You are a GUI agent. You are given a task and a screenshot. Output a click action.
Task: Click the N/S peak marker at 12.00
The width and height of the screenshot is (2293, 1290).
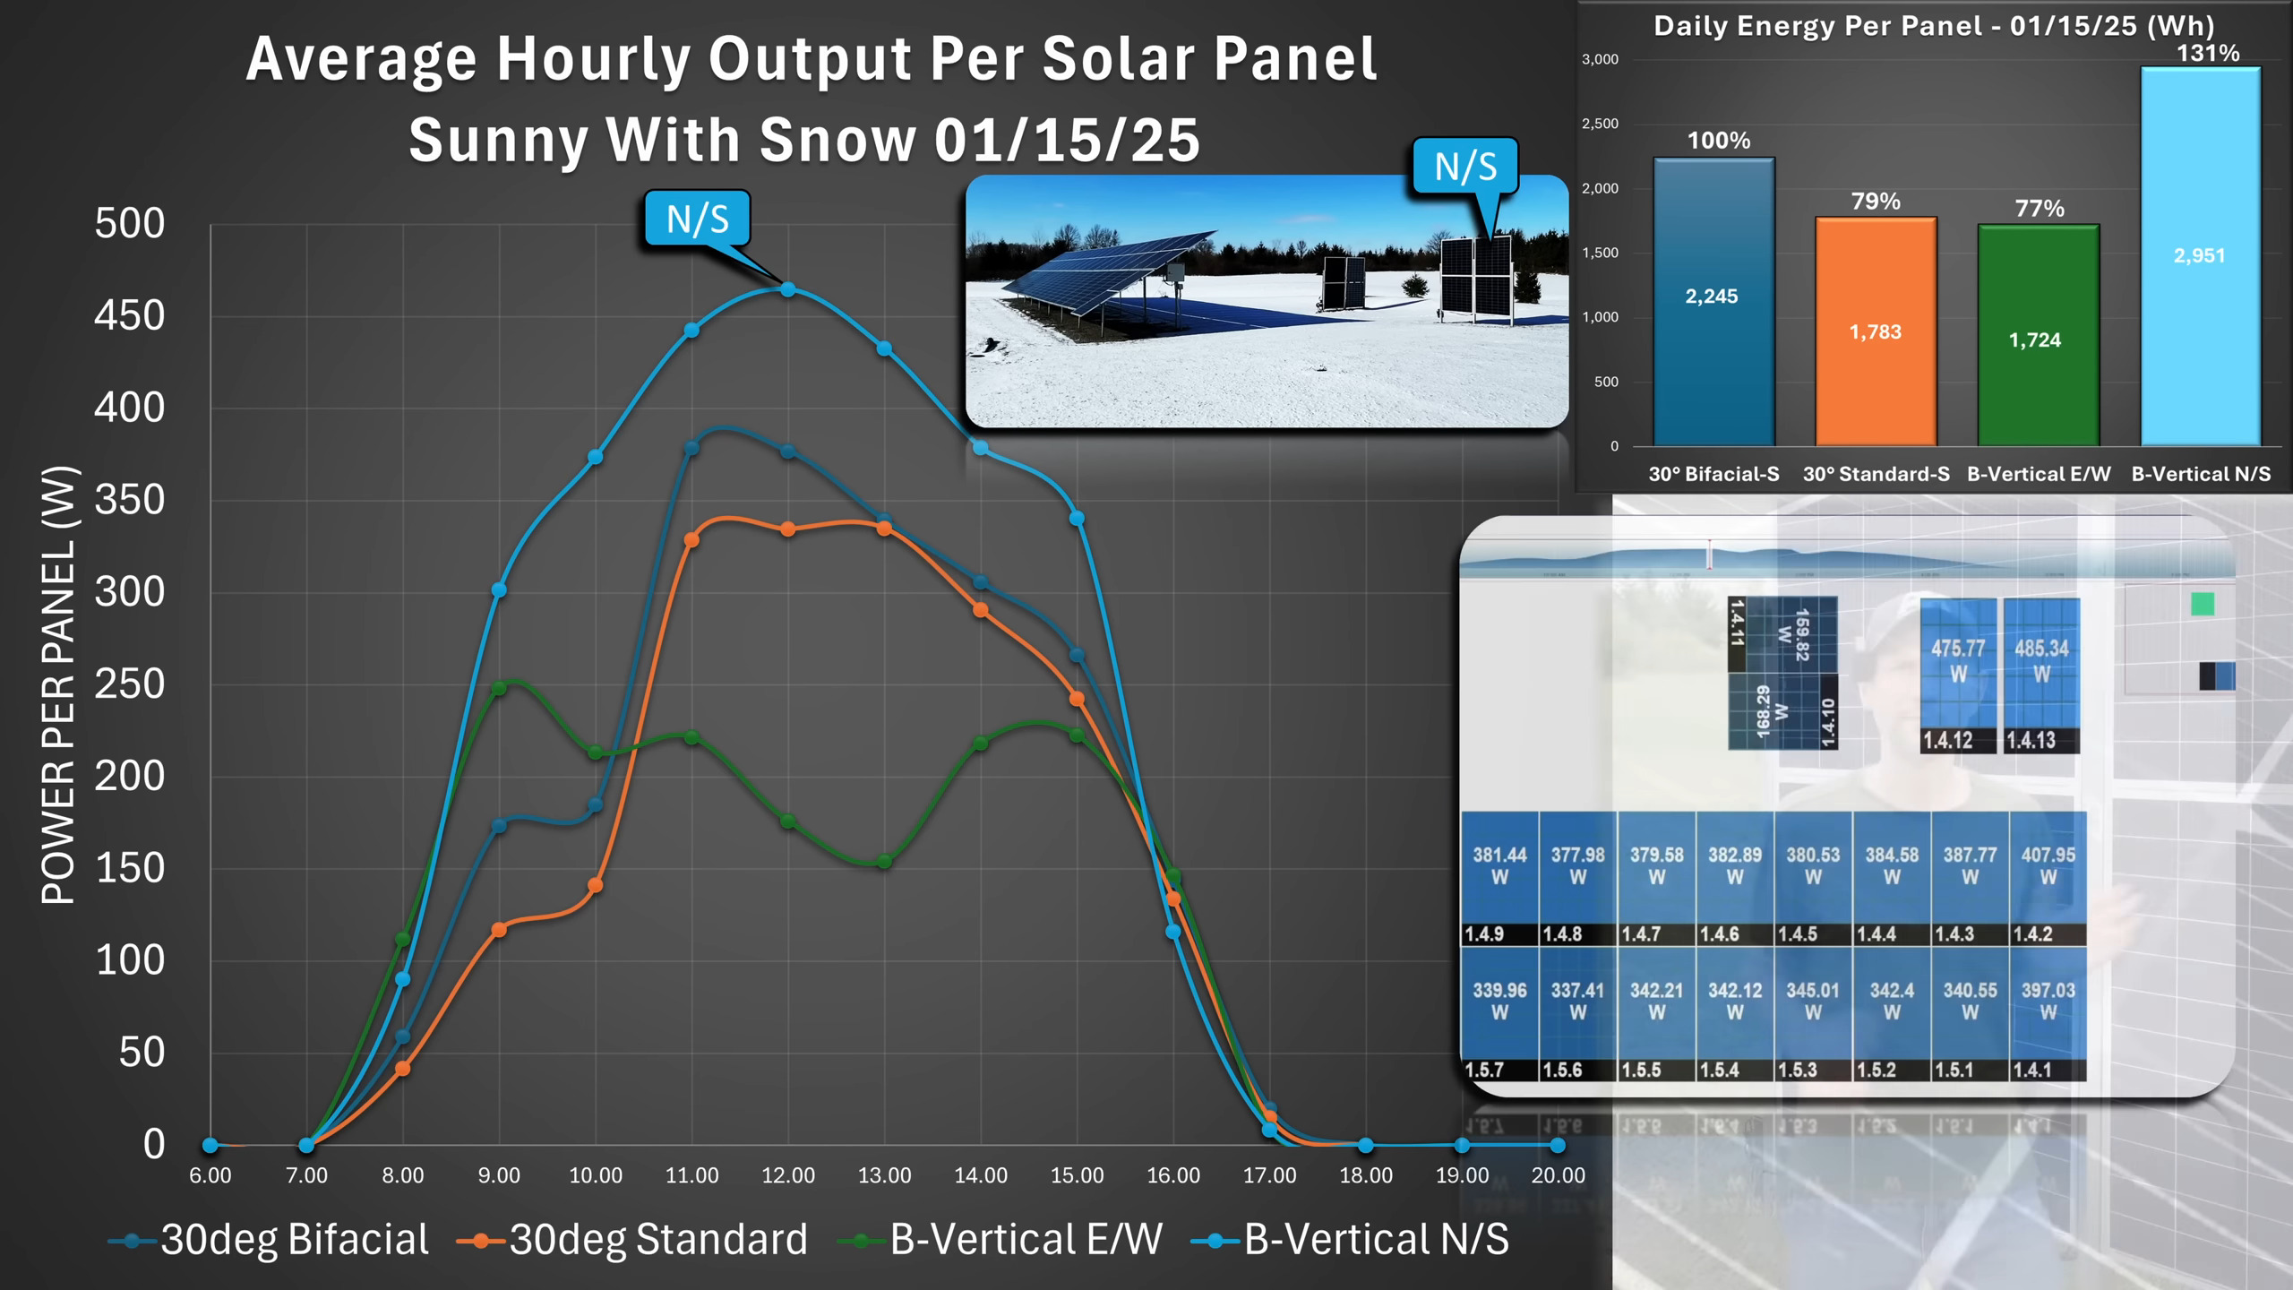(x=787, y=289)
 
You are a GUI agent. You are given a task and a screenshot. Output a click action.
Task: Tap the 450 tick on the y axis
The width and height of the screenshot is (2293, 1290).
(x=129, y=316)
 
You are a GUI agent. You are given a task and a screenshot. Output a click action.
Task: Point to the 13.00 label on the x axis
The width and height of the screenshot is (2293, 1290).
(x=884, y=1175)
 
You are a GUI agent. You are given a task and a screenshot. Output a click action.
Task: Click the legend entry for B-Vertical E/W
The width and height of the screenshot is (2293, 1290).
(x=1025, y=1240)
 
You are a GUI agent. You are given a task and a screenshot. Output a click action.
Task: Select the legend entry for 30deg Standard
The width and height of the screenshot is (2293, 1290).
(x=657, y=1240)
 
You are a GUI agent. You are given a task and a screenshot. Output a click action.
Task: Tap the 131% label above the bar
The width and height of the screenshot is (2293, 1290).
(x=2208, y=54)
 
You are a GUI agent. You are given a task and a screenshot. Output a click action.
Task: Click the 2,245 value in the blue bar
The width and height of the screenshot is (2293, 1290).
(x=1711, y=297)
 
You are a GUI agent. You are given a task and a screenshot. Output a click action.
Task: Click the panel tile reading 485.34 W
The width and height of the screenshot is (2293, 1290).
(x=2041, y=672)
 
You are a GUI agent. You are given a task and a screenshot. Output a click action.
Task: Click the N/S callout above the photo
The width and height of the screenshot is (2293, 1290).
(x=1465, y=167)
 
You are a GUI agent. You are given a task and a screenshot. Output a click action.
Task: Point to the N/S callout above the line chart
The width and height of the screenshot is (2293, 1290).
(x=697, y=219)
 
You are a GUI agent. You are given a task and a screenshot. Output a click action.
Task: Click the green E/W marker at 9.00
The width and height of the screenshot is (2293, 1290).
(x=499, y=688)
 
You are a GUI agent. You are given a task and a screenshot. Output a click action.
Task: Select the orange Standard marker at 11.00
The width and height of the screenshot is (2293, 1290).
(x=691, y=540)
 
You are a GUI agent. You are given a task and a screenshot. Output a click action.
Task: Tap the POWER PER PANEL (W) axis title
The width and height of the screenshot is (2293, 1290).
(x=59, y=685)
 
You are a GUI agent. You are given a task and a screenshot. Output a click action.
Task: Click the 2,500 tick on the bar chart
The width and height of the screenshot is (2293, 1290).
(x=1600, y=124)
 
